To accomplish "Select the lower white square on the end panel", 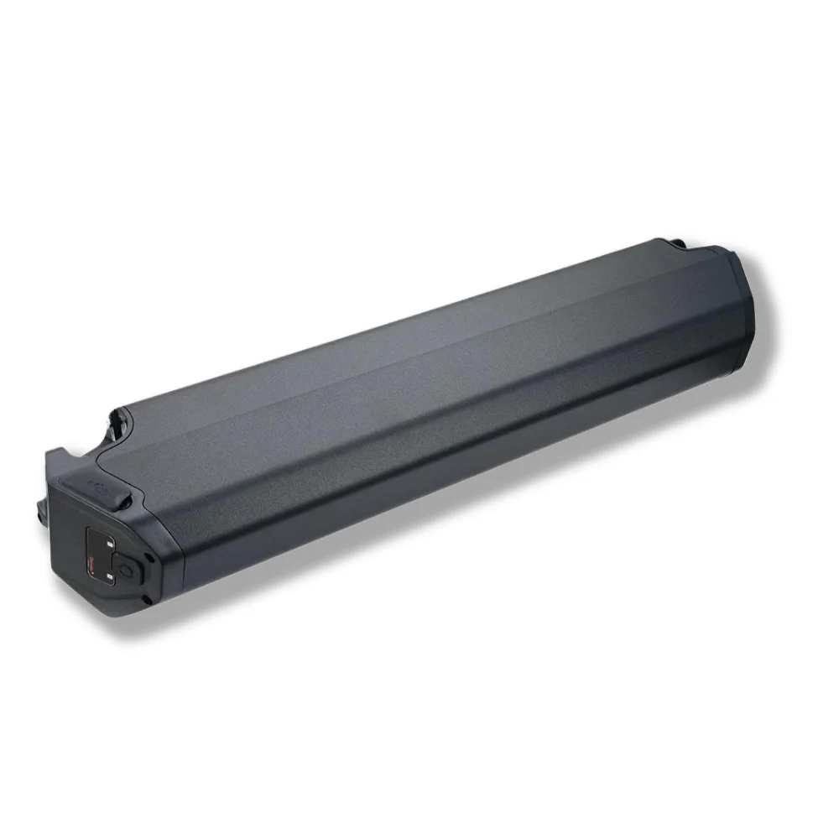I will [110, 578].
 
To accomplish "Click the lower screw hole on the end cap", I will [148, 598].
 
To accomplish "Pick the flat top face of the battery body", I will [403, 352].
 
